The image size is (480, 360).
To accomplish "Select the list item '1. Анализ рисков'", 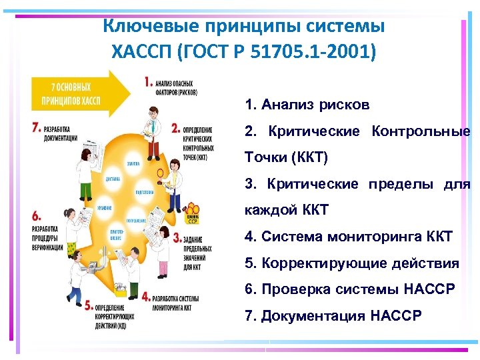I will click(307, 105).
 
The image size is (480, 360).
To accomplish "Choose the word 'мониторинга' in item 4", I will click(367, 237).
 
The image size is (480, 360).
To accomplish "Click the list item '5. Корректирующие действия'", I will click(352, 263).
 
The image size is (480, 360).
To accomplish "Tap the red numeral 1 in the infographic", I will click(147, 83).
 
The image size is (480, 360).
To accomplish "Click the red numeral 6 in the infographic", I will click(36, 215).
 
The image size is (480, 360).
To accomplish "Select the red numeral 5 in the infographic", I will click(89, 304).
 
